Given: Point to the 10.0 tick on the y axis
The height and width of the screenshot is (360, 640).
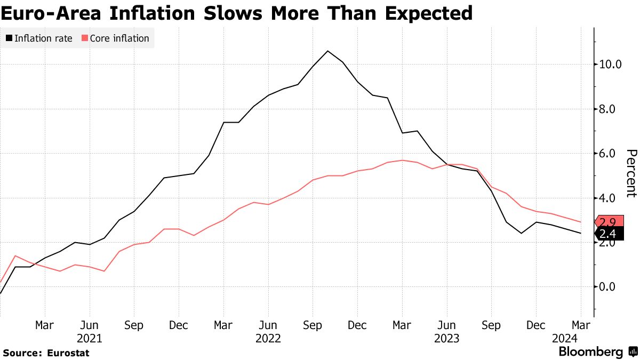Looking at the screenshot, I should [x=611, y=65].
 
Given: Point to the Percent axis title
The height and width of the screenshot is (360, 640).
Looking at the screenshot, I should [x=631, y=173].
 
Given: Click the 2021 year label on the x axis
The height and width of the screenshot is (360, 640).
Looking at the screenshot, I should [x=90, y=338].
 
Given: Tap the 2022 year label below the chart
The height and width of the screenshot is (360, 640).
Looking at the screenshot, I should [x=268, y=338].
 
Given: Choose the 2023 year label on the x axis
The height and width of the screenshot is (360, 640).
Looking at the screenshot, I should [x=447, y=338].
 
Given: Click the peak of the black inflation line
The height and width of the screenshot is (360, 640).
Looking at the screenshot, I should [x=327, y=51].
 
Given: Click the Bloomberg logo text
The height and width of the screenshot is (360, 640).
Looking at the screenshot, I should [x=590, y=352].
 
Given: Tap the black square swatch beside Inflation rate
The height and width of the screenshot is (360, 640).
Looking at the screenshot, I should [x=9, y=38].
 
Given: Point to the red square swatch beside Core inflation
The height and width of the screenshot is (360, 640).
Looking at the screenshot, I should [x=84, y=38].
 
